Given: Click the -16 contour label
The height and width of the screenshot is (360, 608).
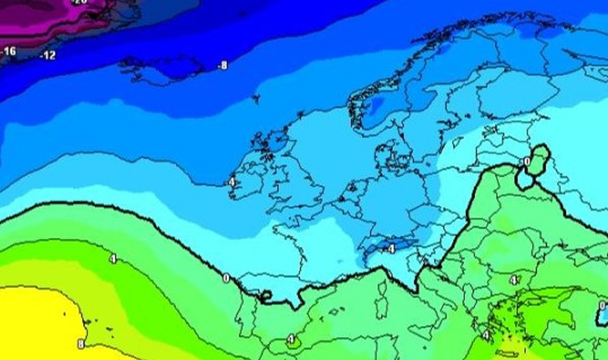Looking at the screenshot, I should pyautogui.click(x=9, y=51).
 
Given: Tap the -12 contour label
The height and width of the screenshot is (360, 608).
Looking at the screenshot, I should pyautogui.click(x=48, y=56).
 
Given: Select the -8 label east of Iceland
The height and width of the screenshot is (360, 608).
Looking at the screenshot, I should pyautogui.click(x=222, y=66).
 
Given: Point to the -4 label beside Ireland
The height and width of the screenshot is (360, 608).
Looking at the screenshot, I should pyautogui.click(x=231, y=183).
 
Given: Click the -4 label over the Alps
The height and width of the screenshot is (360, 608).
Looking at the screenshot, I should pyautogui.click(x=390, y=249).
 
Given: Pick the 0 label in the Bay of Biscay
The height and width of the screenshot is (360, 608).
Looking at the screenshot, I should pyautogui.click(x=226, y=278).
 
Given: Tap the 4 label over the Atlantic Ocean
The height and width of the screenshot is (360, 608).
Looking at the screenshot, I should pyautogui.click(x=113, y=259).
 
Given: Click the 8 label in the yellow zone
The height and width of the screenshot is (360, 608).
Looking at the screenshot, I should pyautogui.click(x=81, y=344).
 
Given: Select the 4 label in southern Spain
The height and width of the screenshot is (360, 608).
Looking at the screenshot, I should pyautogui.click(x=291, y=340).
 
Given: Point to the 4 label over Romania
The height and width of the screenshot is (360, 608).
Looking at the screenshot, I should pyautogui.click(x=514, y=280).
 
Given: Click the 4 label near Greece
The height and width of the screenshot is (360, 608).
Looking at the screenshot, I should pyautogui.click(x=485, y=336).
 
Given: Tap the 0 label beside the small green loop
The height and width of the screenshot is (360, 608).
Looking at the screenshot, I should pyautogui.click(x=526, y=162).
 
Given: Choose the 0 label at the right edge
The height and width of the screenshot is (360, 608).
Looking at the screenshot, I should pyautogui.click(x=602, y=306).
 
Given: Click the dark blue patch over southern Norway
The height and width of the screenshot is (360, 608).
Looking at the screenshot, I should pyautogui.click(x=378, y=106).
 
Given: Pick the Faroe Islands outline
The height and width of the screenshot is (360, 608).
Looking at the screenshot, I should pyautogui.click(x=256, y=98).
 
